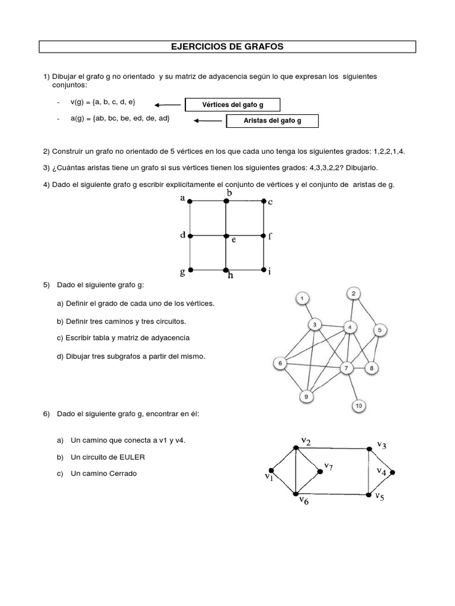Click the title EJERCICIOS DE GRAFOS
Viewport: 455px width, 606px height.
click(227, 46)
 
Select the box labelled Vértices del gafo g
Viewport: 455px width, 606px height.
click(232, 105)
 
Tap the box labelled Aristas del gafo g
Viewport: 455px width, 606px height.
click(273, 121)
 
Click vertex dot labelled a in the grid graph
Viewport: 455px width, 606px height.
click(190, 202)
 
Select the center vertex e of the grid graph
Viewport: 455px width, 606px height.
click(226, 236)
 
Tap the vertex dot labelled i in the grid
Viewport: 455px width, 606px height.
click(263, 270)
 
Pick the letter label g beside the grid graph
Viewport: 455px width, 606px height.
click(182, 272)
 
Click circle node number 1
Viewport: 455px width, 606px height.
click(302, 298)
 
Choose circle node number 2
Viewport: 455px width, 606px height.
click(353, 294)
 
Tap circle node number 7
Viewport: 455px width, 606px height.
click(346, 368)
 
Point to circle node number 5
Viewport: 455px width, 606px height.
click(381, 330)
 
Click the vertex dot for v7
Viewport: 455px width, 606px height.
click(321, 471)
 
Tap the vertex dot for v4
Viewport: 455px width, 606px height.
click(392, 473)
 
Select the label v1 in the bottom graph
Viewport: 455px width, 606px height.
click(268, 476)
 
